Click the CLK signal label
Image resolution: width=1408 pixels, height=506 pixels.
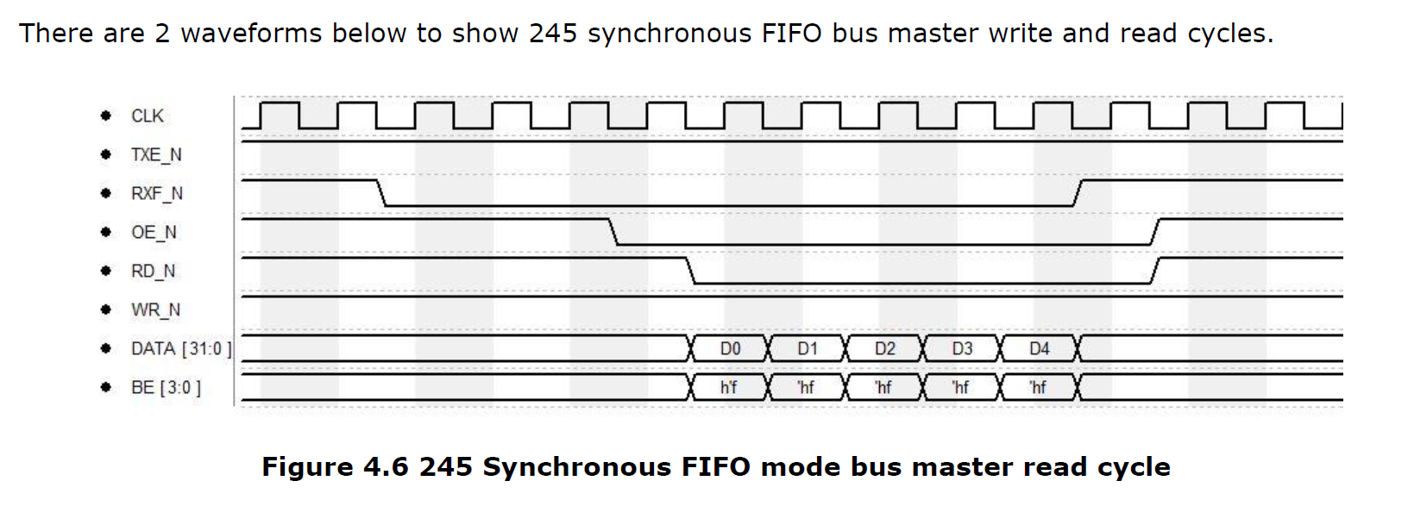(147, 116)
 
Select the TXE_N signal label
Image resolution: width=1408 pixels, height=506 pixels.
(156, 155)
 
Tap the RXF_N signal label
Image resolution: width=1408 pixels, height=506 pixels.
(156, 193)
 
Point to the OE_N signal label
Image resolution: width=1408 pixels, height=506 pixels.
(154, 232)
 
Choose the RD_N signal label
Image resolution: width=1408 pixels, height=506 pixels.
(153, 272)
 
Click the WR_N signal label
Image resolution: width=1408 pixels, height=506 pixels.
(155, 310)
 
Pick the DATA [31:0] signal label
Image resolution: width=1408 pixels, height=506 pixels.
(181, 348)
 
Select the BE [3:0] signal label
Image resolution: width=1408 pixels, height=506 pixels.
(166, 387)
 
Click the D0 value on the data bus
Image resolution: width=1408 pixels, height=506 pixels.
(730, 348)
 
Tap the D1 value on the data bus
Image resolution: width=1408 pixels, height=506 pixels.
(807, 348)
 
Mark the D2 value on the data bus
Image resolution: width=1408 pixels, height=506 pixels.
(884, 348)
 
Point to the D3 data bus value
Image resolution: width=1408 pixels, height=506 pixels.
(962, 348)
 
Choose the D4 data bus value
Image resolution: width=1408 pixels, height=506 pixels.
(1039, 348)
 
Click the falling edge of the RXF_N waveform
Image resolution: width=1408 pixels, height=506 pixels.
(381, 193)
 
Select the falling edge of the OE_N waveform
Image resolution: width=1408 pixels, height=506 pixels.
(613, 232)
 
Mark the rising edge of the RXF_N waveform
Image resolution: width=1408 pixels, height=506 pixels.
(1078, 193)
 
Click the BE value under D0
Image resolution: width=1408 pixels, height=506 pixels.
(728, 387)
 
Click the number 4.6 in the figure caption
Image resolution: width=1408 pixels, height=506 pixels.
(386, 467)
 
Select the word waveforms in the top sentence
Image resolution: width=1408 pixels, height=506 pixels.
(251, 34)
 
